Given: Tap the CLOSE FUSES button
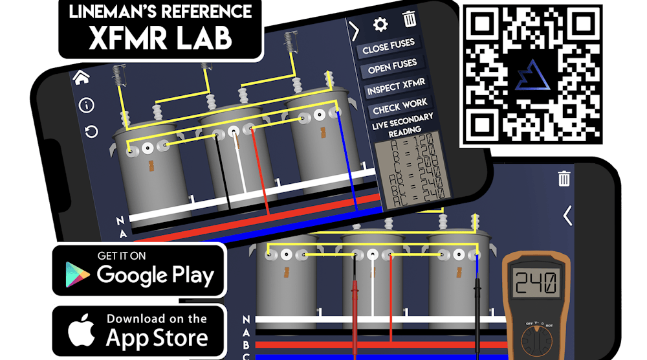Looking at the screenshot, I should (x=388, y=47).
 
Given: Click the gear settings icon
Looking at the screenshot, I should (x=380, y=25).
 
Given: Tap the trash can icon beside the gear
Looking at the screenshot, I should (x=410, y=19).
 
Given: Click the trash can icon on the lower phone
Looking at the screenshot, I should (x=564, y=179).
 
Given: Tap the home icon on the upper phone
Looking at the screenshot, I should (x=81, y=78).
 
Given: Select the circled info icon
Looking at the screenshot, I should (x=85, y=105).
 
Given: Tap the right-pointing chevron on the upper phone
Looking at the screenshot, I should (x=354, y=30).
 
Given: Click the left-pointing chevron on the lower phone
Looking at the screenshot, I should (x=567, y=215).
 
